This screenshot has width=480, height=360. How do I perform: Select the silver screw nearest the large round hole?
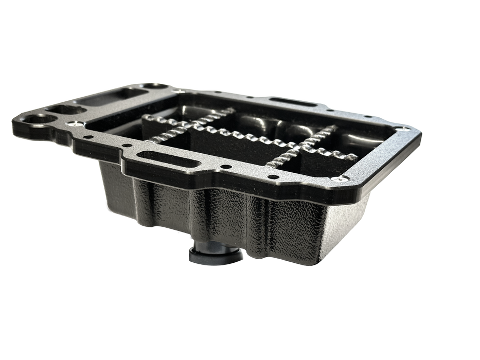76,124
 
